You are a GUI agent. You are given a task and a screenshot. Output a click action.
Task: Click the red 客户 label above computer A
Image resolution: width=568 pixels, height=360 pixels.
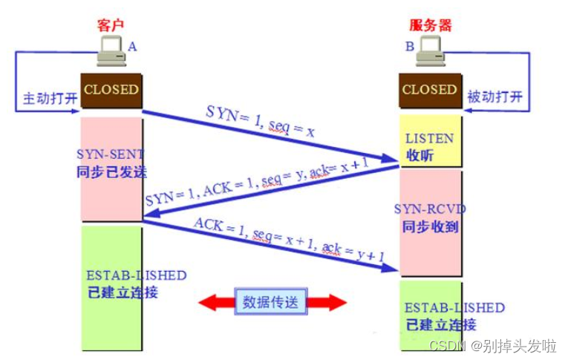pyautogui.click(x=110, y=24)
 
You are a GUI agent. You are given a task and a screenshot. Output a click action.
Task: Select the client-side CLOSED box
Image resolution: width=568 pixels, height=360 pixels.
pyautogui.click(x=111, y=90)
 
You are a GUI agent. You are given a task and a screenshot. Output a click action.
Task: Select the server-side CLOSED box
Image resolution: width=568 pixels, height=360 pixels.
pyautogui.click(x=429, y=90)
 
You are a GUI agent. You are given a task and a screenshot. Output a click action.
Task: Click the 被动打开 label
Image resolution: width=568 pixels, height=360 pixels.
pyautogui.click(x=495, y=98)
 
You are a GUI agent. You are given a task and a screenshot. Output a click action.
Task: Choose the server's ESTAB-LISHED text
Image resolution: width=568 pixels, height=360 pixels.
pyautogui.click(x=454, y=307)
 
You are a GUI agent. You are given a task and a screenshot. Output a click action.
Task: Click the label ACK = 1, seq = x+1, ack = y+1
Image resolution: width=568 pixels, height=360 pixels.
pyautogui.click(x=290, y=240)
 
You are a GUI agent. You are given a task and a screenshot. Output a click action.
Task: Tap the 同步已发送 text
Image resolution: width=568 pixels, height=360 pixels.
pyautogui.click(x=112, y=171)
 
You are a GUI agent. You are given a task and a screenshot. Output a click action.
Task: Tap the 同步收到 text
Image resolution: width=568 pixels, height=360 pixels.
pyautogui.click(x=429, y=226)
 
